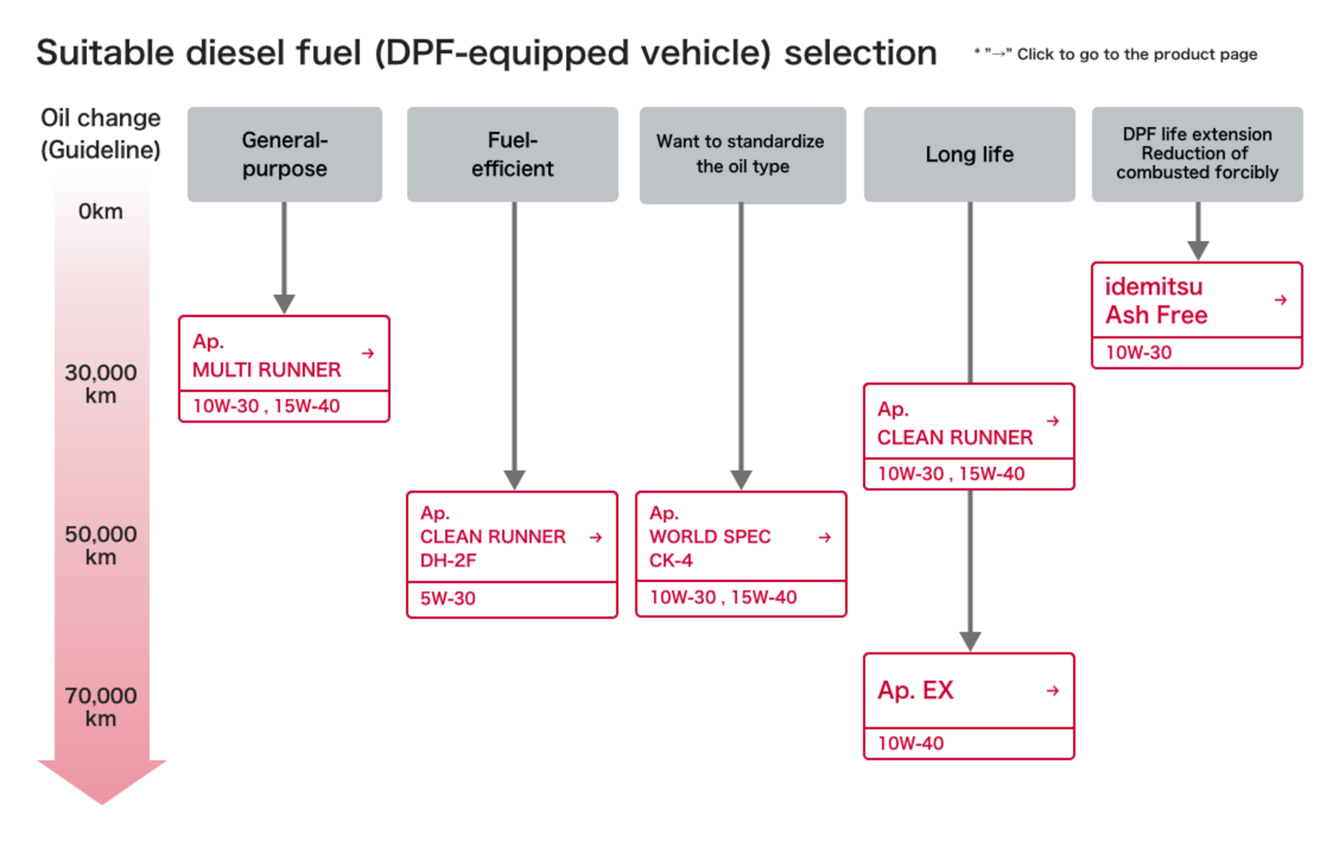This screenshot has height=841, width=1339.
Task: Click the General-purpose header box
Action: pos(284,154)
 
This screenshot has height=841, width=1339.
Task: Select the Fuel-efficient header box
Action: pos(512,154)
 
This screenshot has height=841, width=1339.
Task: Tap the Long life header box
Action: pos(969,154)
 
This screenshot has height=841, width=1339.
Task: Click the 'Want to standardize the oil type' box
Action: pos(742,154)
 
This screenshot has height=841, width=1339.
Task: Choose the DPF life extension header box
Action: pos(1197,154)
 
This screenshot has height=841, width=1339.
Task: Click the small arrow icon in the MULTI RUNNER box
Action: pos(368,353)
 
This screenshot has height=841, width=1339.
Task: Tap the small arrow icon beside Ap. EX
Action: pos(1053,690)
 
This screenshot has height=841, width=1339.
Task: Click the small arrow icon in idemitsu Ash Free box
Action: pos(1281,300)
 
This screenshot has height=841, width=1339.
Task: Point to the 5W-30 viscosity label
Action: pos(448,598)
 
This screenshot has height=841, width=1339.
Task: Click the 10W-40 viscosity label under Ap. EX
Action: pos(910,743)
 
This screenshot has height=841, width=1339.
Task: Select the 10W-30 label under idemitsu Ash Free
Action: pos(1138,352)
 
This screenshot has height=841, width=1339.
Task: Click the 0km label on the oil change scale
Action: pos(100,211)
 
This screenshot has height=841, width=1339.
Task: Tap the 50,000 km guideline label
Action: pos(100,545)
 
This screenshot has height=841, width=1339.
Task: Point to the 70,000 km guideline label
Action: pos(100,707)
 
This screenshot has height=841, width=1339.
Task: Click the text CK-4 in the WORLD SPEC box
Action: pos(671,560)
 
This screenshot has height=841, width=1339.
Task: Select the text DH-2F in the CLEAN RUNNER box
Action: pos(448,560)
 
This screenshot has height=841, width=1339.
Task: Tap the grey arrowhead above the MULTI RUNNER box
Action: pos(284,303)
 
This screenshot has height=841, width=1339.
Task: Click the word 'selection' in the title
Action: pos(861,53)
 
